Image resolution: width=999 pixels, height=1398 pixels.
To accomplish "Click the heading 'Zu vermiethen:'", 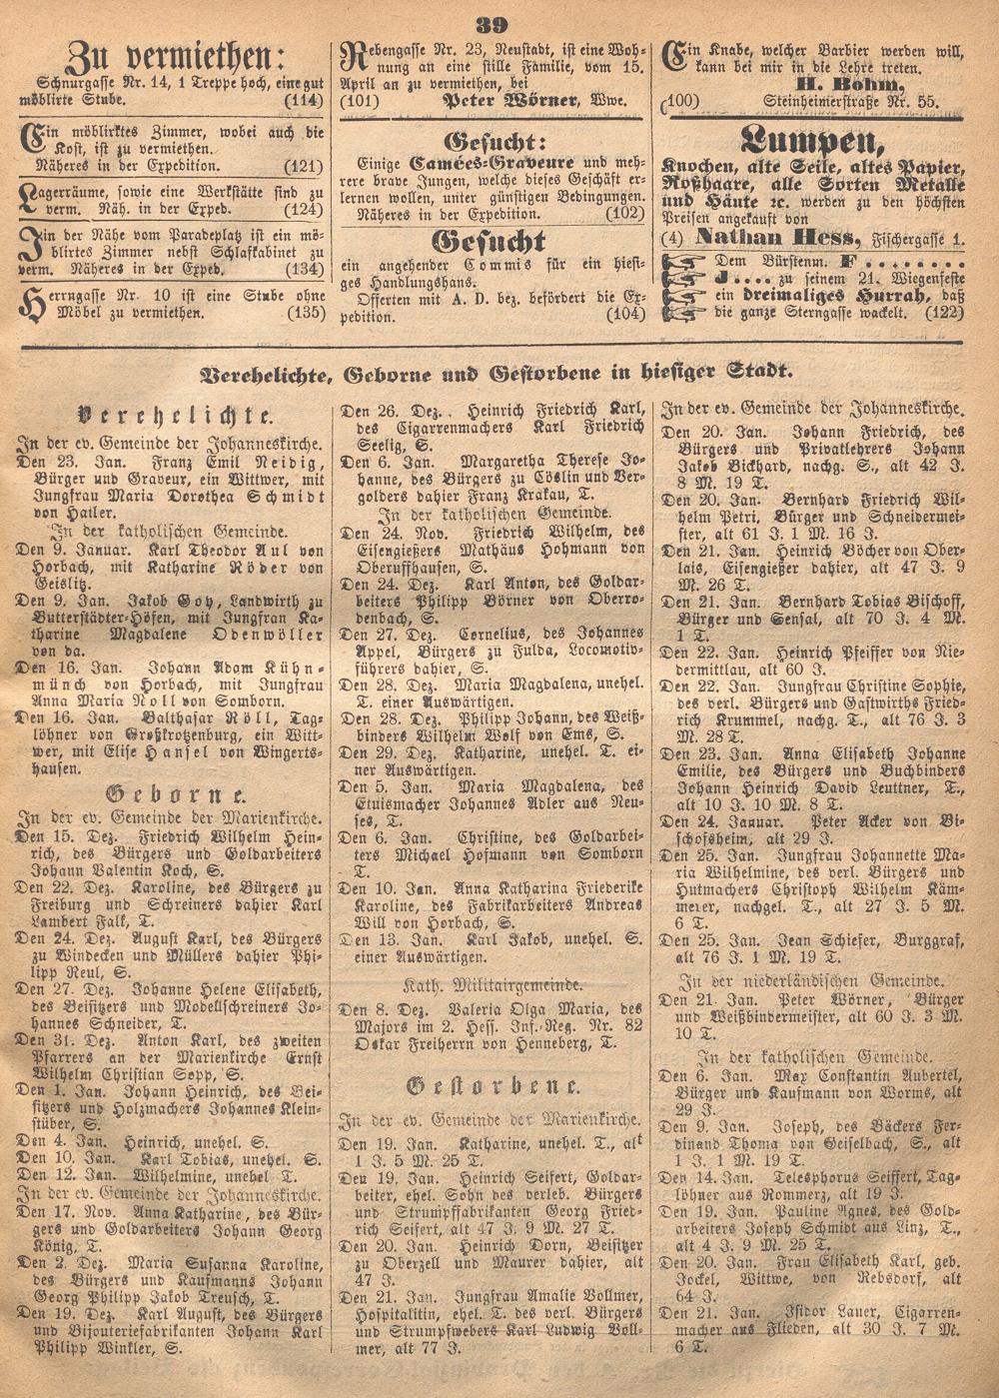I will click(x=176, y=55).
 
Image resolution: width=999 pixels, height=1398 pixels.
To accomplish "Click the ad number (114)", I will click(x=304, y=101).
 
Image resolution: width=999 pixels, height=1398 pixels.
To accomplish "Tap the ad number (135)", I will click(x=304, y=312).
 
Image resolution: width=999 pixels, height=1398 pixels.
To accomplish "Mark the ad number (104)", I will click(x=626, y=314).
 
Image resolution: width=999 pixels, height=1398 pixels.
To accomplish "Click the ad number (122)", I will click(x=945, y=312).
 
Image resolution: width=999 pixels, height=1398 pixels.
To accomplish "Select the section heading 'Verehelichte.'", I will click(x=166, y=416).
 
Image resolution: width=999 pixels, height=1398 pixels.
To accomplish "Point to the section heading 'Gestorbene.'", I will click(x=494, y=1086).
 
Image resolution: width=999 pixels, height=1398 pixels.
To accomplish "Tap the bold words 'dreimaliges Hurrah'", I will click(x=823, y=294).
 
